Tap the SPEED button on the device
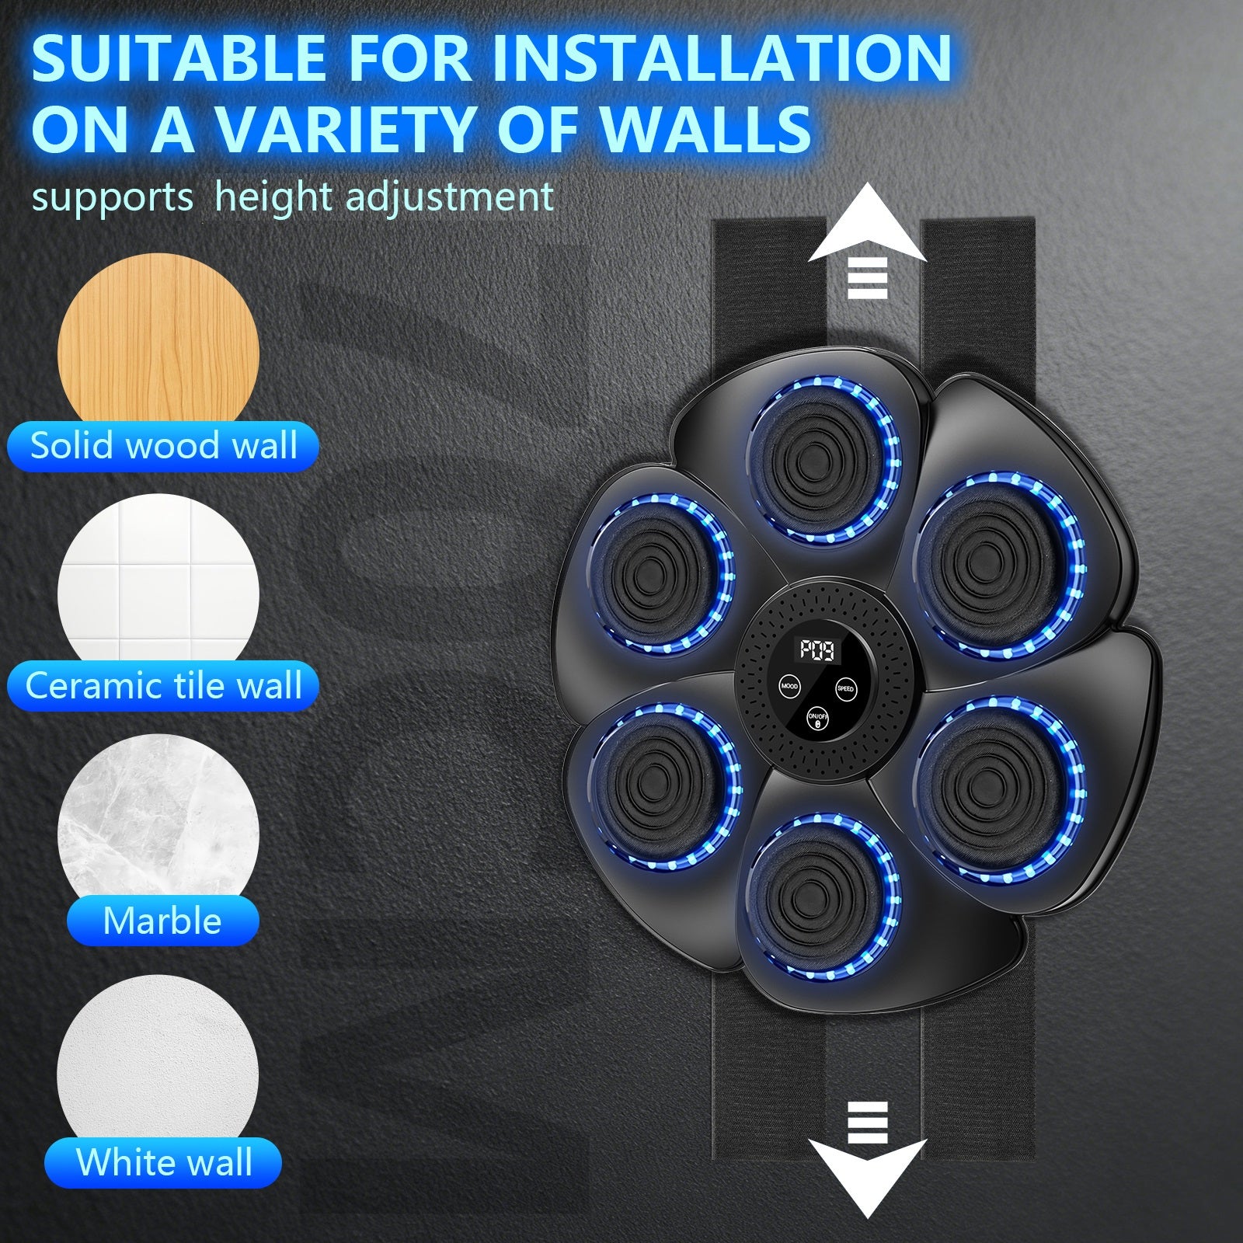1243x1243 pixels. click(x=845, y=688)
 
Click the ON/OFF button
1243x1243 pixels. click(x=817, y=719)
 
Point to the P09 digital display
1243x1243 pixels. click(x=818, y=649)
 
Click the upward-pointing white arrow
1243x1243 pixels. click(x=868, y=241)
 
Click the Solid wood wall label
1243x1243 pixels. click(x=163, y=447)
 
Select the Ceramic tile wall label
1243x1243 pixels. click(x=163, y=687)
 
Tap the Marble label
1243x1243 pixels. click(x=162, y=921)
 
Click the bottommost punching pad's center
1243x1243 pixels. click(x=823, y=897)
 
